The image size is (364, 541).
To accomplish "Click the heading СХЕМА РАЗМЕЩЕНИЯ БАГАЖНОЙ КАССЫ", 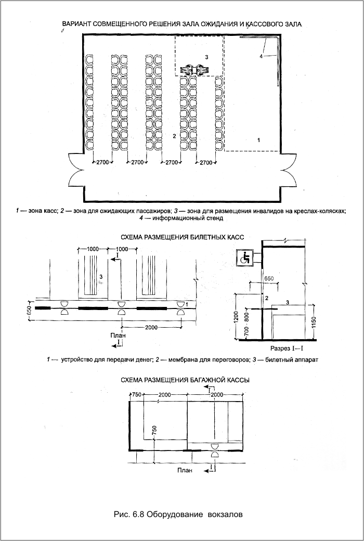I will pyautogui.click(x=185, y=380).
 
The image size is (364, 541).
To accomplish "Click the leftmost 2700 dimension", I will pyautogui.click(x=102, y=163).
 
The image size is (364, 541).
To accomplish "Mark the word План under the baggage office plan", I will pyautogui.click(x=184, y=471).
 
